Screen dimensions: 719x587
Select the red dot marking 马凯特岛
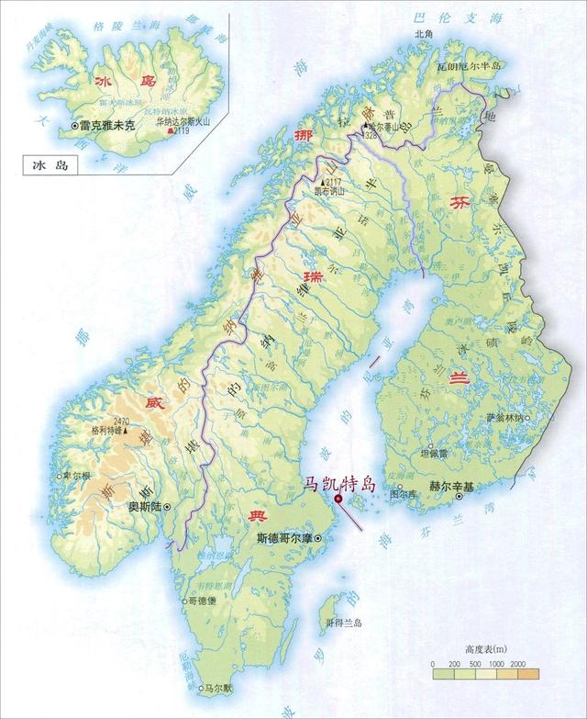coord(338,499)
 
